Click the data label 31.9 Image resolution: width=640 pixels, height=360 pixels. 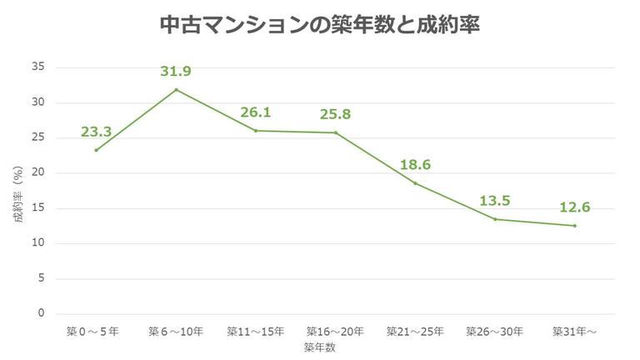pos(176,72)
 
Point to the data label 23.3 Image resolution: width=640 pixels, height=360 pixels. pos(97,132)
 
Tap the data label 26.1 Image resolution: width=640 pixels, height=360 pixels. pos(256,112)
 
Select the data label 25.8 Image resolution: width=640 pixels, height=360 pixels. pos(336,113)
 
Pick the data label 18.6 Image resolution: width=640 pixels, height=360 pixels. pos(416,164)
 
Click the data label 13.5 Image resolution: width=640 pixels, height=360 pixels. pos(495,201)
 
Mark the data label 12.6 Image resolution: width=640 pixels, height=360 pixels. pos(575,207)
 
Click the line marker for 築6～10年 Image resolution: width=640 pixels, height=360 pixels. pos(176,89)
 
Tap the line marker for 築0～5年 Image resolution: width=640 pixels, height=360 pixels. pos(97,150)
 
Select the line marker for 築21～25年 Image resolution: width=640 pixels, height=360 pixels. pos(415,182)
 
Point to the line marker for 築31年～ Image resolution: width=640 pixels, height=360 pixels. pos(574,225)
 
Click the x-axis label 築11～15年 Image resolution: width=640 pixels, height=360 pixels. pos(256,332)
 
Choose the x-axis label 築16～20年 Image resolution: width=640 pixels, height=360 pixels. pos(335,332)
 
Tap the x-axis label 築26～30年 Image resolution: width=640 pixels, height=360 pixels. pos(495,332)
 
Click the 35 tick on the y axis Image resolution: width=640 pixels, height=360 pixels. pos(38,67)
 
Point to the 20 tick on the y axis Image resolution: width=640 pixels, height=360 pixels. pos(38,173)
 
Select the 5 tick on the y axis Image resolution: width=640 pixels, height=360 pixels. pos(41,278)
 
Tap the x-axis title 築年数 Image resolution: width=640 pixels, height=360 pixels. pos(319,348)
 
